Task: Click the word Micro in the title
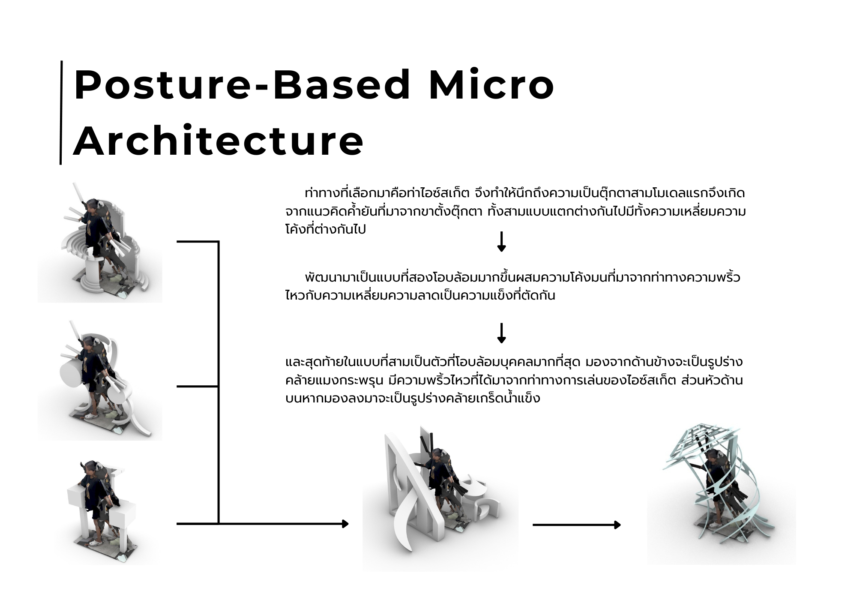(x=491, y=85)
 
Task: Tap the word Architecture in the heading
(x=219, y=141)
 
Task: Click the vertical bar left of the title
(x=61, y=112)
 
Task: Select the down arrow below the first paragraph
(x=501, y=242)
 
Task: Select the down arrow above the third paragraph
(x=501, y=333)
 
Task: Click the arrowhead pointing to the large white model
(x=345, y=524)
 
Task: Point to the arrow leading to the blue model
(x=577, y=525)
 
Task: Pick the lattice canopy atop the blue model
(x=703, y=446)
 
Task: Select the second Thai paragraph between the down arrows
(x=512, y=286)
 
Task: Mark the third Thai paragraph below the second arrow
(x=514, y=380)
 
